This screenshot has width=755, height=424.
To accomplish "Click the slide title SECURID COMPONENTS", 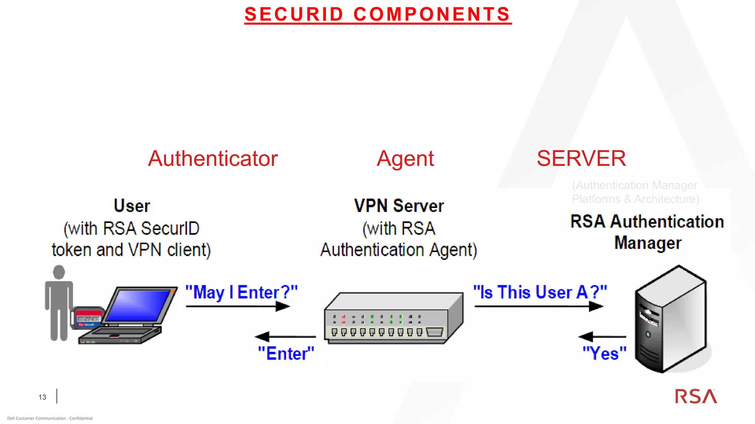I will pyautogui.click(x=377, y=15).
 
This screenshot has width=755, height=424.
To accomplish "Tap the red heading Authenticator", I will pyautogui.click(x=213, y=159).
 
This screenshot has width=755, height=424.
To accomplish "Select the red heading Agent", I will pyautogui.click(x=405, y=159).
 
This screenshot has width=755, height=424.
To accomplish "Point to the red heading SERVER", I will pyautogui.click(x=581, y=159).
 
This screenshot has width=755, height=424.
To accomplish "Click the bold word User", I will pyautogui.click(x=132, y=206).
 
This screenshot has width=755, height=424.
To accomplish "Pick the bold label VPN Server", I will pyautogui.click(x=399, y=206).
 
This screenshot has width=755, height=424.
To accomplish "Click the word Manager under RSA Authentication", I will pyautogui.click(x=648, y=243).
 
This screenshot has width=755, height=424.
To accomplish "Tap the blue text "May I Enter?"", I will pyautogui.click(x=241, y=293).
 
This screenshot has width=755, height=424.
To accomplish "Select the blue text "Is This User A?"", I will pyautogui.click(x=540, y=293).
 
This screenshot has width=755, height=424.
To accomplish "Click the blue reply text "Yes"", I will pyautogui.click(x=604, y=354).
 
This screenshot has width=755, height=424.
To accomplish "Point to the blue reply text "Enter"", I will pyautogui.click(x=286, y=354).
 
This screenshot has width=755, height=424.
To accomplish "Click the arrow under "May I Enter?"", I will pyautogui.click(x=238, y=306).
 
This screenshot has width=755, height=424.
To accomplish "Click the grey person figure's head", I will pyautogui.click(x=59, y=272).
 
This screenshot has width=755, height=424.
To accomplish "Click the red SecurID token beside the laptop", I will pyautogui.click(x=88, y=318).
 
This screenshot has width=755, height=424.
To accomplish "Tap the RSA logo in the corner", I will pyautogui.click(x=696, y=396).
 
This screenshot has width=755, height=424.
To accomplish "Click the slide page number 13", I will pyautogui.click(x=42, y=397).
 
